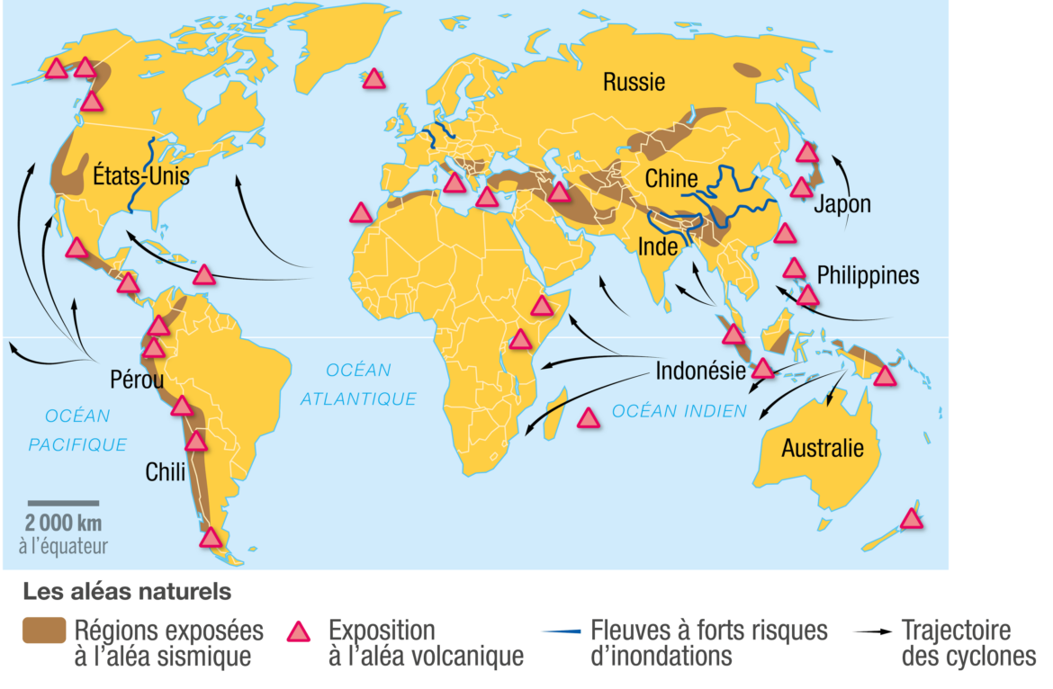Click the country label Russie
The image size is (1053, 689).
634,83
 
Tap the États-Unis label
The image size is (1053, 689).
141,175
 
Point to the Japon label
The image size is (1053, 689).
842,204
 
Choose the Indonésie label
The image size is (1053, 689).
700,371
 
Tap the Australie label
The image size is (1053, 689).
823,448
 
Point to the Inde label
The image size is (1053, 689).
657,246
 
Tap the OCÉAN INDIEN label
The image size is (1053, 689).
679,411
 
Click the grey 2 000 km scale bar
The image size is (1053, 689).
63,503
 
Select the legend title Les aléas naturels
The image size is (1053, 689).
127,593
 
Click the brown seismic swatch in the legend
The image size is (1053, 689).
44,631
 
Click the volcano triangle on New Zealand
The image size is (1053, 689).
912,519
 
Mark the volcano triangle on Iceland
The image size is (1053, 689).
373,79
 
